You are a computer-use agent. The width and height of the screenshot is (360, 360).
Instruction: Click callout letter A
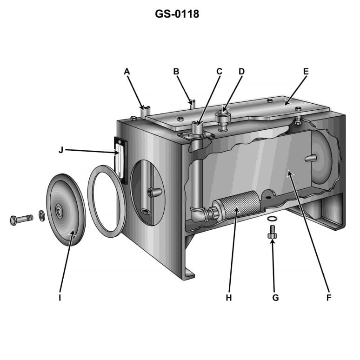tap(127, 72)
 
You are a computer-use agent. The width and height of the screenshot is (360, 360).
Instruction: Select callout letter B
tap(176, 72)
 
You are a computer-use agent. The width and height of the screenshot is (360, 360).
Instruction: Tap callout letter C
tap(219, 72)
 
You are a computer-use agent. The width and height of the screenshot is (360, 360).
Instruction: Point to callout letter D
tap(241, 72)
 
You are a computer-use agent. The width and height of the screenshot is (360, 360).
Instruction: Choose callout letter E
tap(306, 72)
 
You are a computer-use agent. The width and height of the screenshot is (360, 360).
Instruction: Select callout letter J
tap(61, 150)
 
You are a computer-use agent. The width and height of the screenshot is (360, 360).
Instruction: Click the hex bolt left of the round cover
tap(20, 219)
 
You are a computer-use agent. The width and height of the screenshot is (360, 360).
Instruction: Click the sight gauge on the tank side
tap(119, 158)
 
